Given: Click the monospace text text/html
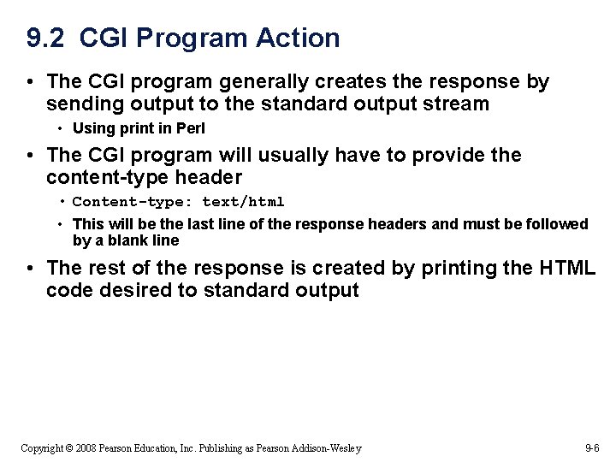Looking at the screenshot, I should click(x=243, y=202).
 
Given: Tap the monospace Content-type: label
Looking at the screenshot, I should click(x=133, y=202).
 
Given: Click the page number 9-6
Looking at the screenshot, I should click(x=592, y=448).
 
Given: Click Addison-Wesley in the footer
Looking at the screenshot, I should click(x=328, y=448).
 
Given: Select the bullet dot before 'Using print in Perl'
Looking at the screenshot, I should click(x=62, y=129).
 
